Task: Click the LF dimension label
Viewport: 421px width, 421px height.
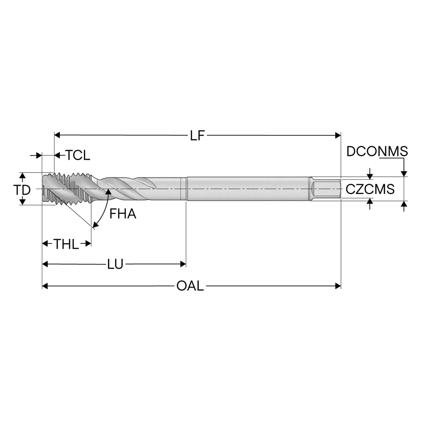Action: click(197, 136)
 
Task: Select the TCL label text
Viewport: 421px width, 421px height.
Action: click(78, 155)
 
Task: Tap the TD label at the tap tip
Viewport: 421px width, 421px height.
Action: click(22, 190)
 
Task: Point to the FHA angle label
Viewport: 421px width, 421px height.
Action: click(123, 214)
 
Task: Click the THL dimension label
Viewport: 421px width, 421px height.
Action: click(66, 244)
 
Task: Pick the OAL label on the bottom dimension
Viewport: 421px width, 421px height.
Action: click(190, 286)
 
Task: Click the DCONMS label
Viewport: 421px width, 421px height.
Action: click(377, 151)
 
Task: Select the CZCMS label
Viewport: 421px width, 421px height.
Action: click(370, 189)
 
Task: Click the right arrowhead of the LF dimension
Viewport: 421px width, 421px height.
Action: click(338, 136)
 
